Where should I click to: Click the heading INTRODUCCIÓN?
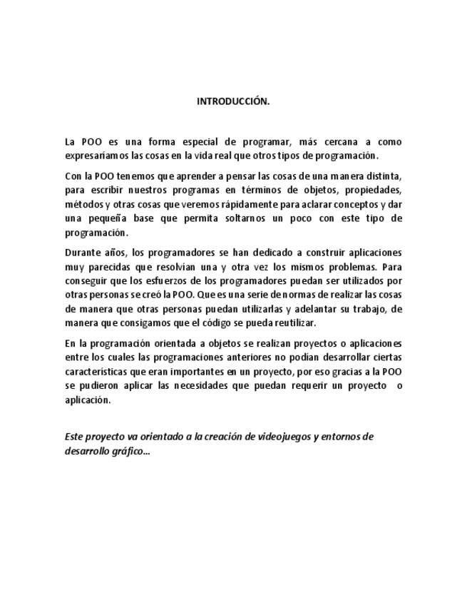coord(233,101)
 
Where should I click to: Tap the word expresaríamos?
coord(95,156)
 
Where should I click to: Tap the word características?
coord(101,371)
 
